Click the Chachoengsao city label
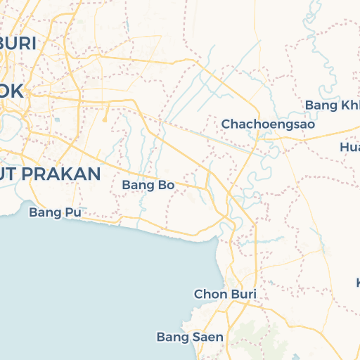pyautogui.click(x=267, y=124)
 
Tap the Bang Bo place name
pyautogui.click(x=148, y=185)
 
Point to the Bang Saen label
pyautogui.click(x=190, y=337)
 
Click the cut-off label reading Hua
pyautogui.click(x=349, y=147)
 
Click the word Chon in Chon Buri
pyautogui.click(x=208, y=294)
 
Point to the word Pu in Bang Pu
pyautogui.click(x=65, y=212)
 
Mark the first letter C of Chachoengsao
pyautogui.click(x=226, y=124)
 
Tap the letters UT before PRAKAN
pyautogui.click(x=8, y=174)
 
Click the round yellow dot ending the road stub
pyautogui.click(x=105, y=120)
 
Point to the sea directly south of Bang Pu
pyautogui.click(x=56, y=267)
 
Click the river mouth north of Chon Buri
pyautogui.click(x=224, y=229)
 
